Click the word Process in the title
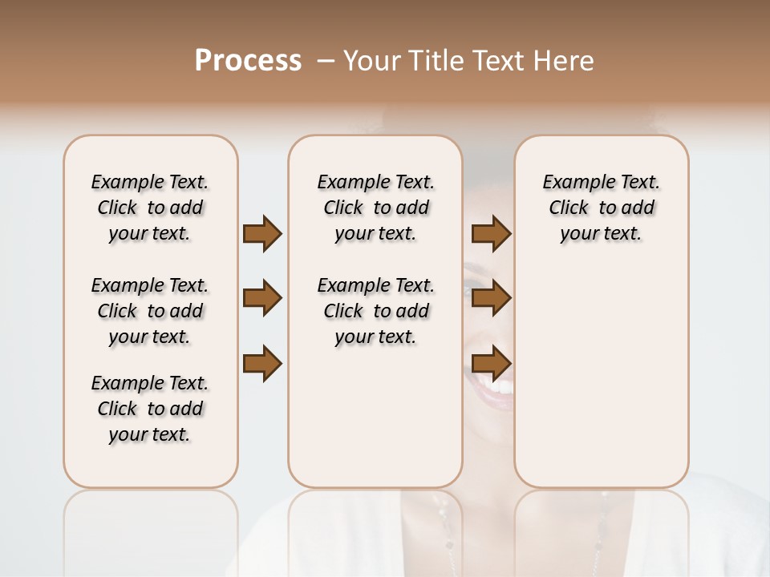(248, 61)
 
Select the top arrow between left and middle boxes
(262, 234)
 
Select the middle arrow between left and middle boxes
(262, 299)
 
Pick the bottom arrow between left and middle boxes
(262, 363)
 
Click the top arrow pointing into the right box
(491, 234)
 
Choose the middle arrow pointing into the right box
(491, 299)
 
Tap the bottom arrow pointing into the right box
(491, 363)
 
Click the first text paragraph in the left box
(150, 208)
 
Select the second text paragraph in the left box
(150, 311)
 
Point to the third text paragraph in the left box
(150, 409)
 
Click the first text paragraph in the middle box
(375, 208)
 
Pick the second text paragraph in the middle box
(375, 311)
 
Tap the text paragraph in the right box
(601, 208)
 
